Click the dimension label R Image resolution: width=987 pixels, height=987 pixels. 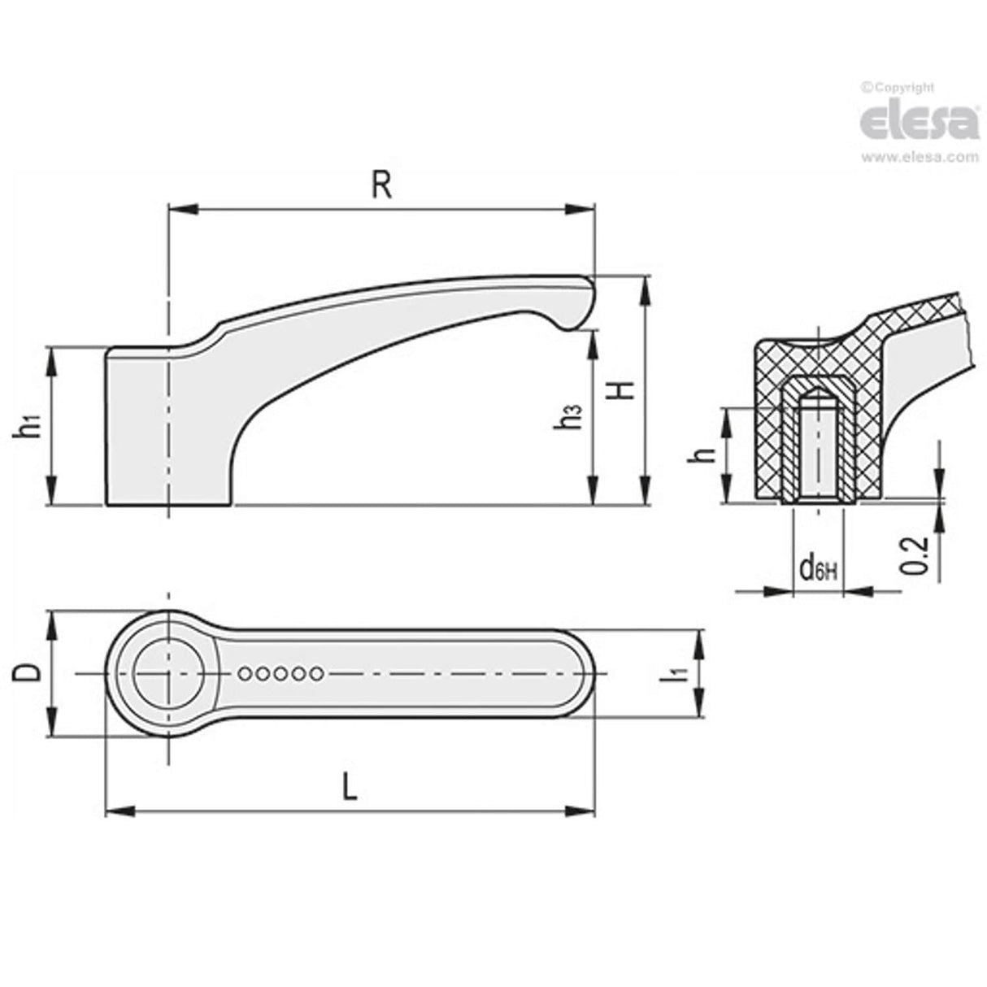pyautogui.click(x=381, y=185)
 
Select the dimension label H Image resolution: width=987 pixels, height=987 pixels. pyautogui.click(x=622, y=390)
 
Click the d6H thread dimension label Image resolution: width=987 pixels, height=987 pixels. pyautogui.click(x=816, y=568)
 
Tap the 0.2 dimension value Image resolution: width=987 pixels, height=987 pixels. pyautogui.click(x=916, y=556)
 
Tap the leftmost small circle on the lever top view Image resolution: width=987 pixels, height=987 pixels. pyautogui.click(x=246, y=673)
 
